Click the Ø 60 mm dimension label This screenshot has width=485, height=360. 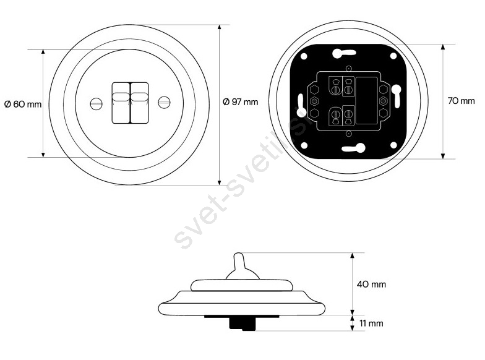[23, 104]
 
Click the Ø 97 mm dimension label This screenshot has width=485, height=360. [240, 101]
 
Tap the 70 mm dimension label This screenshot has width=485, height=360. [461, 100]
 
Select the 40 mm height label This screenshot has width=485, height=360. [371, 284]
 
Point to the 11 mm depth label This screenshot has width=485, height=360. [371, 323]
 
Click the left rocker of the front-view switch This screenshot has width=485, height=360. [121, 103]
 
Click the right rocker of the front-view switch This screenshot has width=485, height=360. [140, 103]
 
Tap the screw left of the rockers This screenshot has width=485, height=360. [97, 103]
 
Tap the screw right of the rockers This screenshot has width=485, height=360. [164, 103]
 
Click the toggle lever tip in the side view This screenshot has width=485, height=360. [239, 255]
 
